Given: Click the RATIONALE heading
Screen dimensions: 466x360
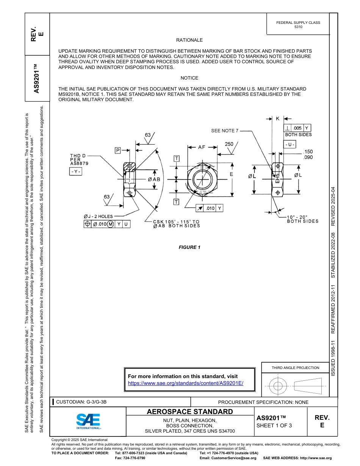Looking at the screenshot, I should pyautogui.click(x=189, y=40).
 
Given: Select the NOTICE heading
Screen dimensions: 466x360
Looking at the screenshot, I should pyautogui.click(x=189, y=78).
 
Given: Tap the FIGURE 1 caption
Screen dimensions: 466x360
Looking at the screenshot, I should pyautogui.click(x=189, y=247).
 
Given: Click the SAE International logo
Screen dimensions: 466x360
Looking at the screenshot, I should pyautogui.click(x=88, y=421).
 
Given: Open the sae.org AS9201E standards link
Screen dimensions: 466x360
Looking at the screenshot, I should pyautogui.click(x=186, y=383).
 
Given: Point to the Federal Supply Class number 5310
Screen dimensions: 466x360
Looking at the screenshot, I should pyautogui.click(x=298, y=27).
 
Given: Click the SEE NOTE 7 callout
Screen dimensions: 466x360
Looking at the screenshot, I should pyautogui.click(x=225, y=131).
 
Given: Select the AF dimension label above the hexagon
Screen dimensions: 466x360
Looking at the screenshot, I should pyautogui.click(x=202, y=147).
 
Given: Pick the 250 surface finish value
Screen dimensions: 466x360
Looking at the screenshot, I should pyautogui.click(x=229, y=144).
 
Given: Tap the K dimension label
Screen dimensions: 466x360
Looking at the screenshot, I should pyautogui.click(x=278, y=119).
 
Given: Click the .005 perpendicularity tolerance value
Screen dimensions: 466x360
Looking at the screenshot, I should pyautogui.click(x=297, y=128).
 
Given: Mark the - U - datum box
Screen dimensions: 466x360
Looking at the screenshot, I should pyautogui.click(x=290, y=145).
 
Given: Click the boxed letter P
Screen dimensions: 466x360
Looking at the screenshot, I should pyautogui.click(x=118, y=150).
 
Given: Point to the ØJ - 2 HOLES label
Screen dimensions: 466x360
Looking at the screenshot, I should pyautogui.click(x=98, y=216).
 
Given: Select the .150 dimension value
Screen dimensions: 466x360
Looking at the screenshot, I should pyautogui.click(x=308, y=152).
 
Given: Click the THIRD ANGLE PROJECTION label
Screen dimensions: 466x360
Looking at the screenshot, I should pyautogui.click(x=295, y=368).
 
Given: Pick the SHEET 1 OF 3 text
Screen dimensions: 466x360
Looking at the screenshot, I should pyautogui.click(x=274, y=425).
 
